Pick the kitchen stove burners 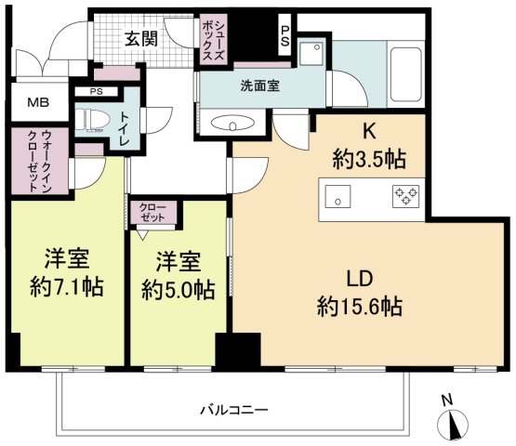coord(406,196)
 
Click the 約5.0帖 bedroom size coord(177,289)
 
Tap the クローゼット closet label coord(152,212)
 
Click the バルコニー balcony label coord(235,409)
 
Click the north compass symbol coord(453,422)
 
